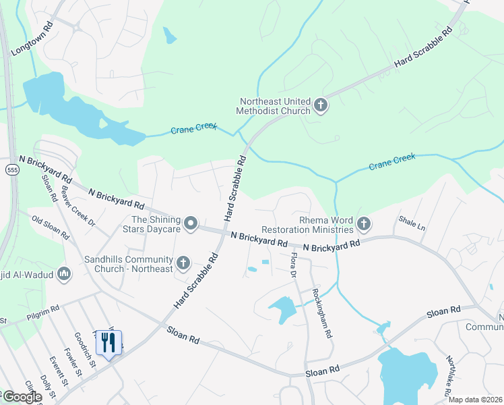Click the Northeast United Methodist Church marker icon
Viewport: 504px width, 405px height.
point(320,105)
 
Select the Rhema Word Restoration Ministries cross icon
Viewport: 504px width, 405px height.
point(364,223)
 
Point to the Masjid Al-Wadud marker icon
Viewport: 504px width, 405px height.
point(64,273)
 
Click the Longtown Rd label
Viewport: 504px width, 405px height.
point(32,41)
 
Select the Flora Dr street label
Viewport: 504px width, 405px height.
point(293,264)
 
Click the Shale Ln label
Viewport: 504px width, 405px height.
point(412,223)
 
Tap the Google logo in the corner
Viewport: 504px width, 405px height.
point(22,397)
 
